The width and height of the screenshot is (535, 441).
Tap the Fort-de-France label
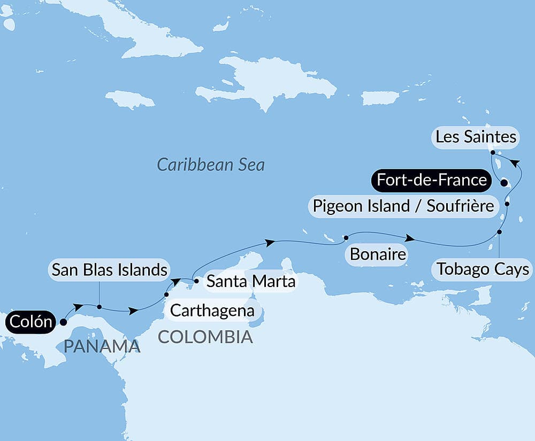click(431, 180)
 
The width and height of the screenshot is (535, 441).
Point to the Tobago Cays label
click(483, 268)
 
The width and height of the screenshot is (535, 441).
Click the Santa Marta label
click(250, 281)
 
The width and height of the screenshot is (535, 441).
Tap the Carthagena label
click(212, 311)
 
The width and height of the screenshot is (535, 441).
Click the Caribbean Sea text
click(211, 165)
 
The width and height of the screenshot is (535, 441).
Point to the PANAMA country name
click(102, 346)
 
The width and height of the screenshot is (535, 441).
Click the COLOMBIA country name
click(205, 337)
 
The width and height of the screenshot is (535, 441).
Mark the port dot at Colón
click(63, 322)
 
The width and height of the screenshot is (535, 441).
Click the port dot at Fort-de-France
click(503, 183)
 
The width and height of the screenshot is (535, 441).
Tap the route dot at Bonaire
click(346, 237)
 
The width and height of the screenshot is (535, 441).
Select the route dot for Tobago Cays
click(499, 232)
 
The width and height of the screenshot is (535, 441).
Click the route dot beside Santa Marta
click(196, 281)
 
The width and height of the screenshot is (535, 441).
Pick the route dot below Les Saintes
click(492, 152)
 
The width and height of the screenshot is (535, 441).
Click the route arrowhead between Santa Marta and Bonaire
click(271, 243)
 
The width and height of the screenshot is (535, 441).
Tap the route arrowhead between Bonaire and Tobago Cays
click(409, 238)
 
